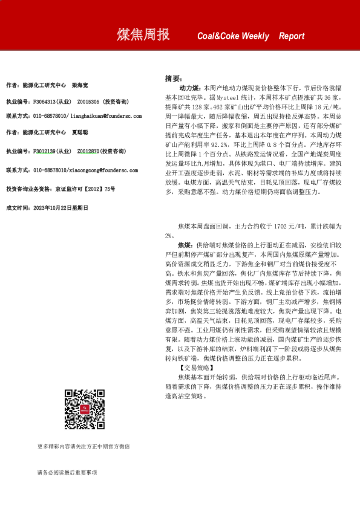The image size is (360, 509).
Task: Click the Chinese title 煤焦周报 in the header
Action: coord(143,36)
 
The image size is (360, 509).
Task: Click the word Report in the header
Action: coord(292,36)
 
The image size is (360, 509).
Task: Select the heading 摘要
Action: coord(172,79)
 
